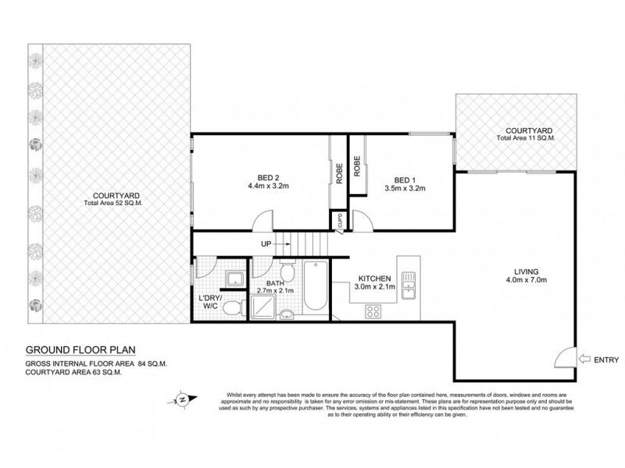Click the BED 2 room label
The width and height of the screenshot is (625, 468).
(x=258, y=176)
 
